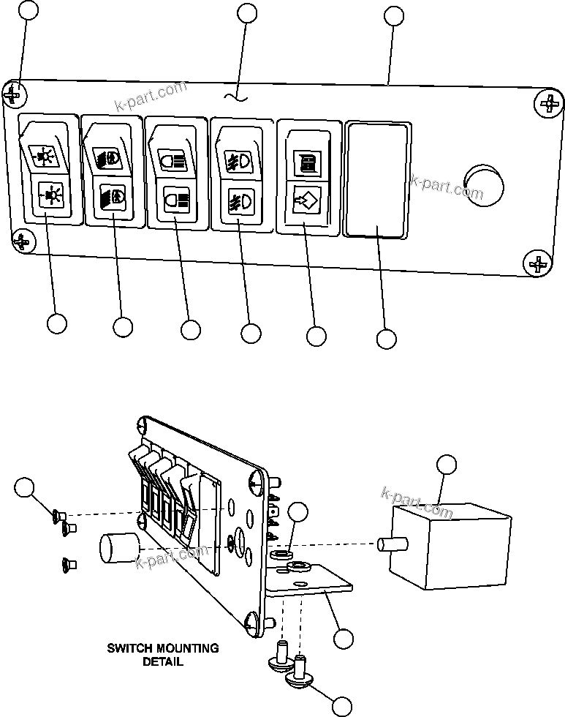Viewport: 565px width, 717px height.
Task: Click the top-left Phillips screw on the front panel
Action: tap(14, 95)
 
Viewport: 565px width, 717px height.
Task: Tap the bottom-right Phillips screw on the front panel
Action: tap(539, 263)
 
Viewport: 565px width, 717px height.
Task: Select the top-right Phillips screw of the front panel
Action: tap(550, 105)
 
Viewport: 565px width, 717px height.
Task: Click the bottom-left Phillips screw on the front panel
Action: tap(22, 240)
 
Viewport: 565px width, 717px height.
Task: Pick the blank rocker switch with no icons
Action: tap(376, 179)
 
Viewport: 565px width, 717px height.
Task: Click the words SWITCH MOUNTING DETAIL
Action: tap(163, 654)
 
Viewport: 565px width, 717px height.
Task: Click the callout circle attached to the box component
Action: tap(446, 464)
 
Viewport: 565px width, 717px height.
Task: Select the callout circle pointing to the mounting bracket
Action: tap(343, 638)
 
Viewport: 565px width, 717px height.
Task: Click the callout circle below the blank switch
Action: tap(386, 339)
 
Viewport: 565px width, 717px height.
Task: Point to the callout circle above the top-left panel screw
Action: tap(28, 10)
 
